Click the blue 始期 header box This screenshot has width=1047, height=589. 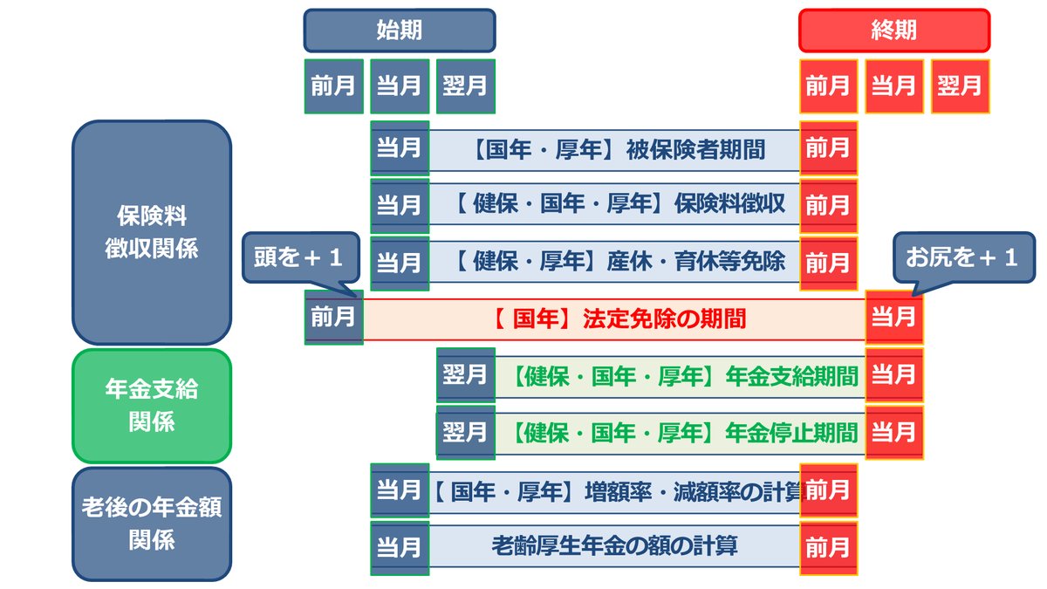pyautogui.click(x=399, y=31)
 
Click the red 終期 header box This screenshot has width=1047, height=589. pyautogui.click(x=894, y=31)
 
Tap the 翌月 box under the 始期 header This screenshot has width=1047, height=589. pyautogui.click(x=464, y=86)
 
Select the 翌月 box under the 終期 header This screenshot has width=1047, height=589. pyautogui.click(x=960, y=86)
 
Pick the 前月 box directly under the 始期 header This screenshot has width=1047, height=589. pyautogui.click(x=333, y=86)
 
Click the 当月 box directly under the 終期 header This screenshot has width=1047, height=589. pyautogui.click(x=894, y=86)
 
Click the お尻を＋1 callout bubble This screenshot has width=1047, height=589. pyautogui.click(x=961, y=260)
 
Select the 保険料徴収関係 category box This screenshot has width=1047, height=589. pyautogui.click(x=152, y=232)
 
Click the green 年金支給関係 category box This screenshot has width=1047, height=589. pyautogui.click(x=152, y=406)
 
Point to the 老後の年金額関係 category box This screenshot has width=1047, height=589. pyautogui.click(x=152, y=524)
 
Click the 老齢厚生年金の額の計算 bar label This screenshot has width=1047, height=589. pyautogui.click(x=615, y=546)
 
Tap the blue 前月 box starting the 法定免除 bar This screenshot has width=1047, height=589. pyautogui.click(x=333, y=317)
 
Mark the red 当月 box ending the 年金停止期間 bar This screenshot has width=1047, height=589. pyautogui.click(x=894, y=432)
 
